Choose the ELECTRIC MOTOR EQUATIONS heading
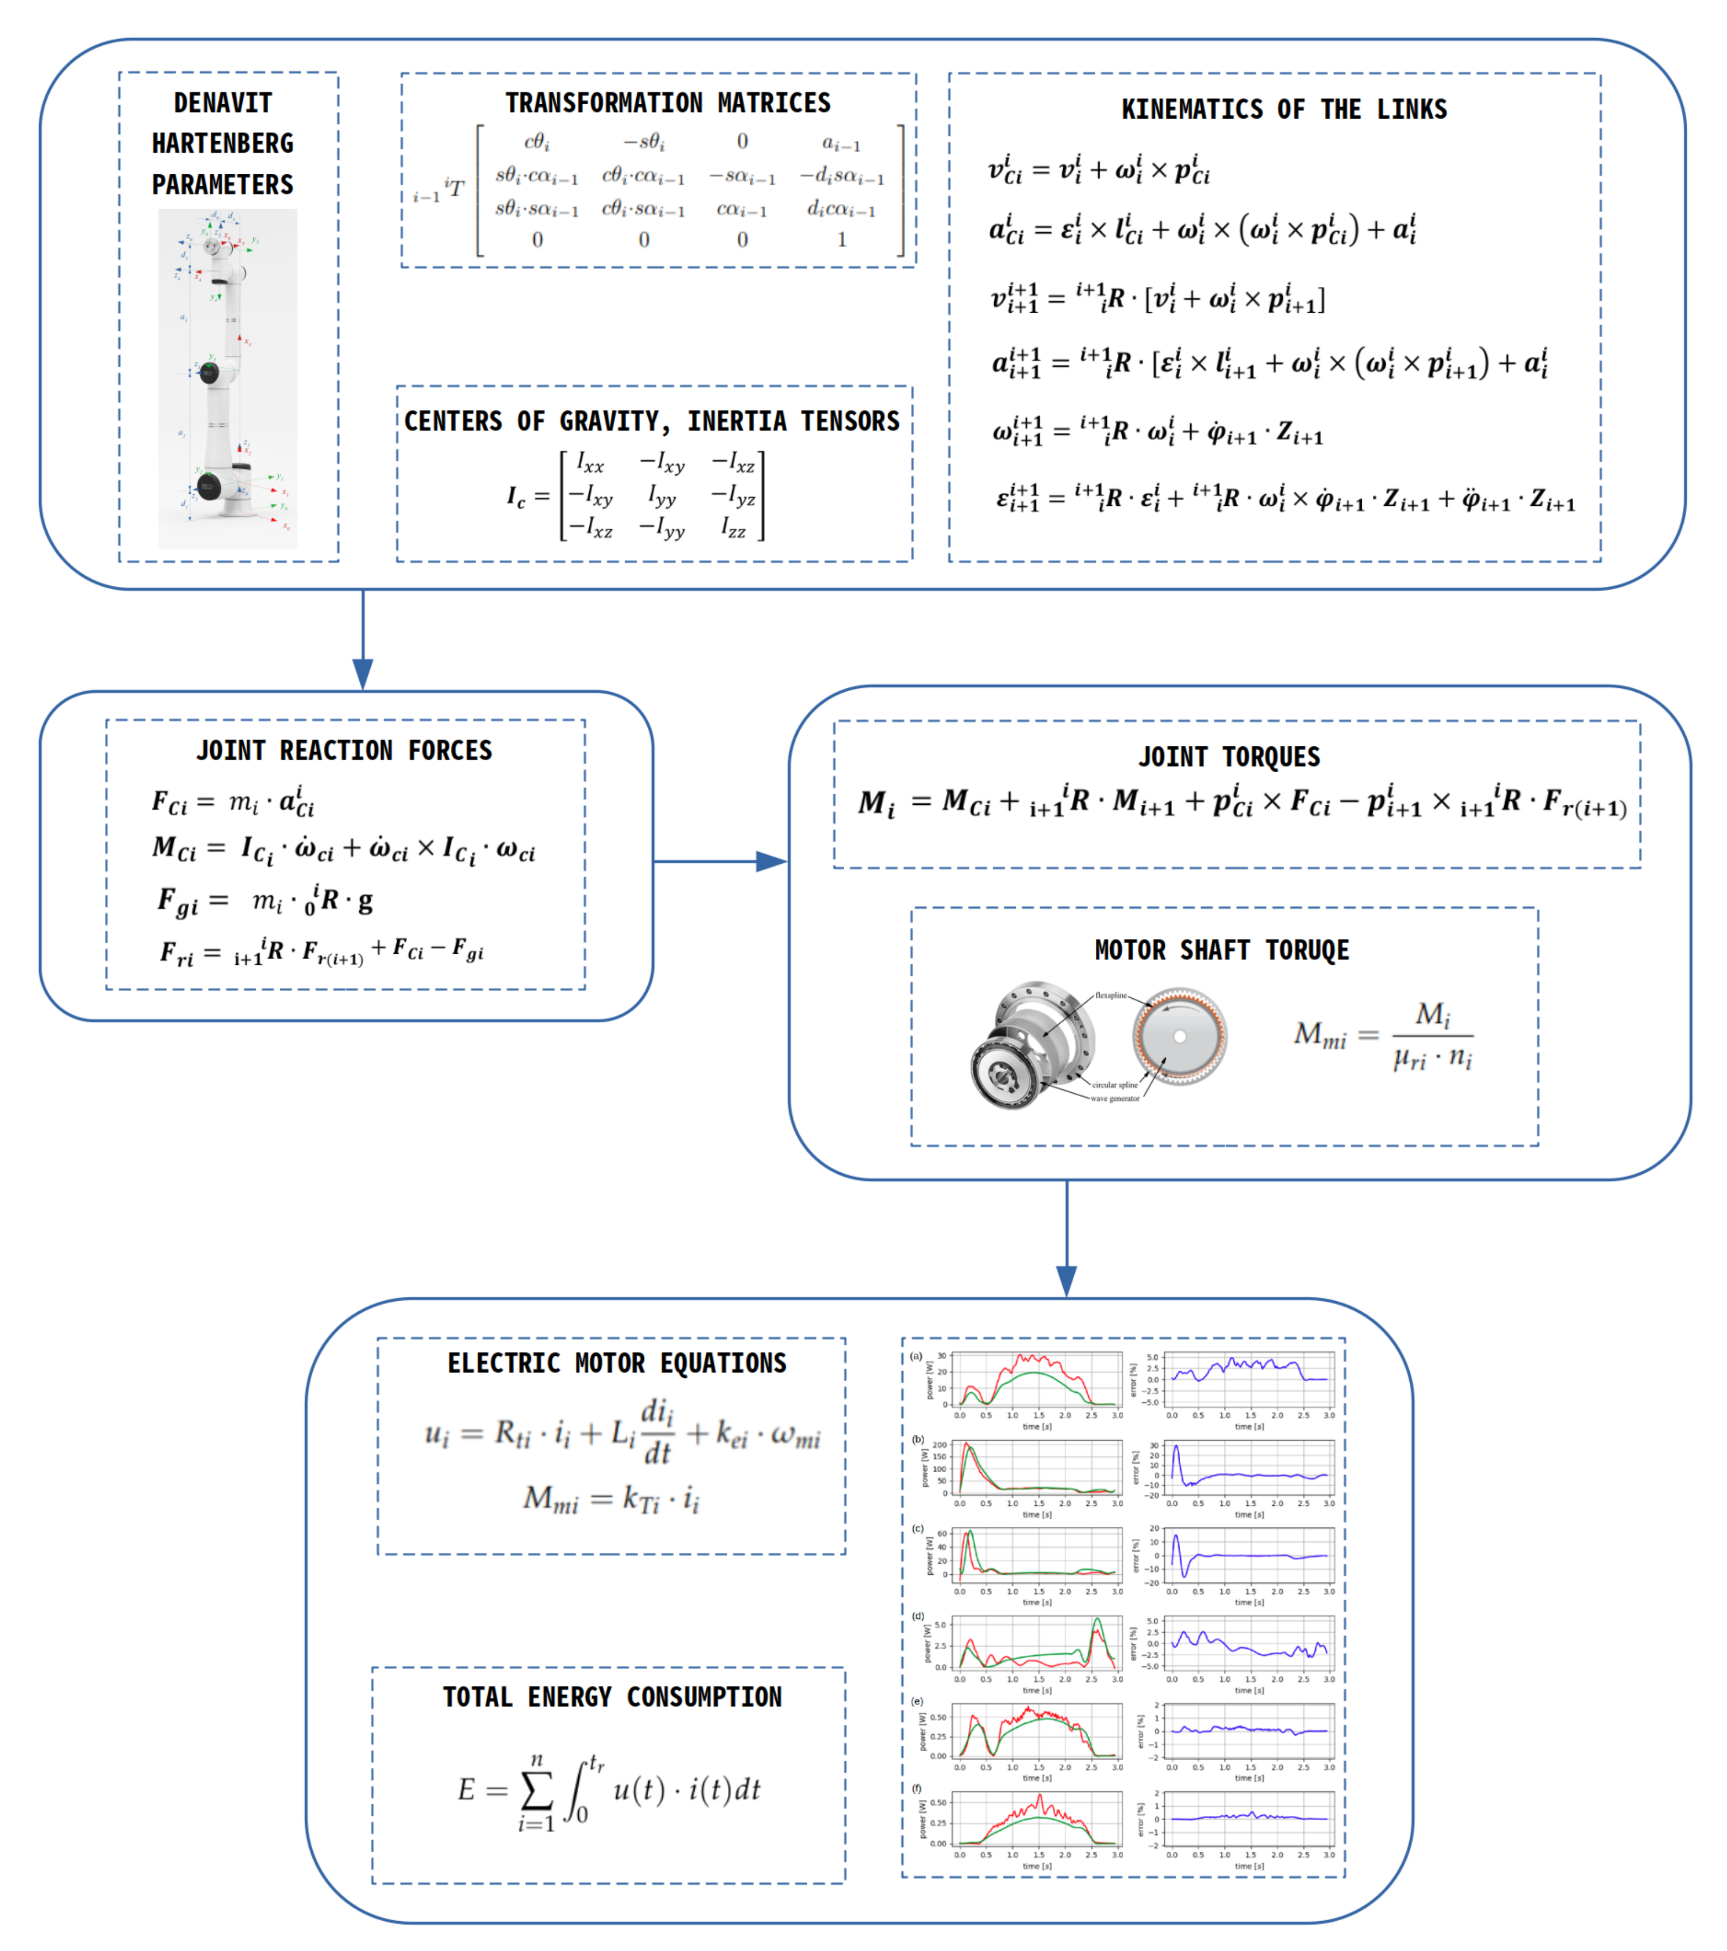pyautogui.click(x=617, y=1363)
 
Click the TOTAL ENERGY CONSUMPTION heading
pyautogui.click(x=612, y=1697)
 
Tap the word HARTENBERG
pyautogui.click(x=222, y=144)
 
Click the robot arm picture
pyautogui.click(x=227, y=379)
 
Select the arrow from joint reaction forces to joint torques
pyautogui.click(x=720, y=862)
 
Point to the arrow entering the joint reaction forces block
pyautogui.click(x=363, y=639)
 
